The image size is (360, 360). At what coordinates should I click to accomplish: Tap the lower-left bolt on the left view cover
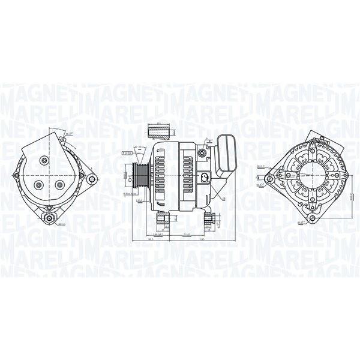click(x=38, y=185)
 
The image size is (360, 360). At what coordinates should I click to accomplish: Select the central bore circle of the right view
click(x=305, y=175)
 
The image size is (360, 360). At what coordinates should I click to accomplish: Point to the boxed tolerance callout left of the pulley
click(x=127, y=154)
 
